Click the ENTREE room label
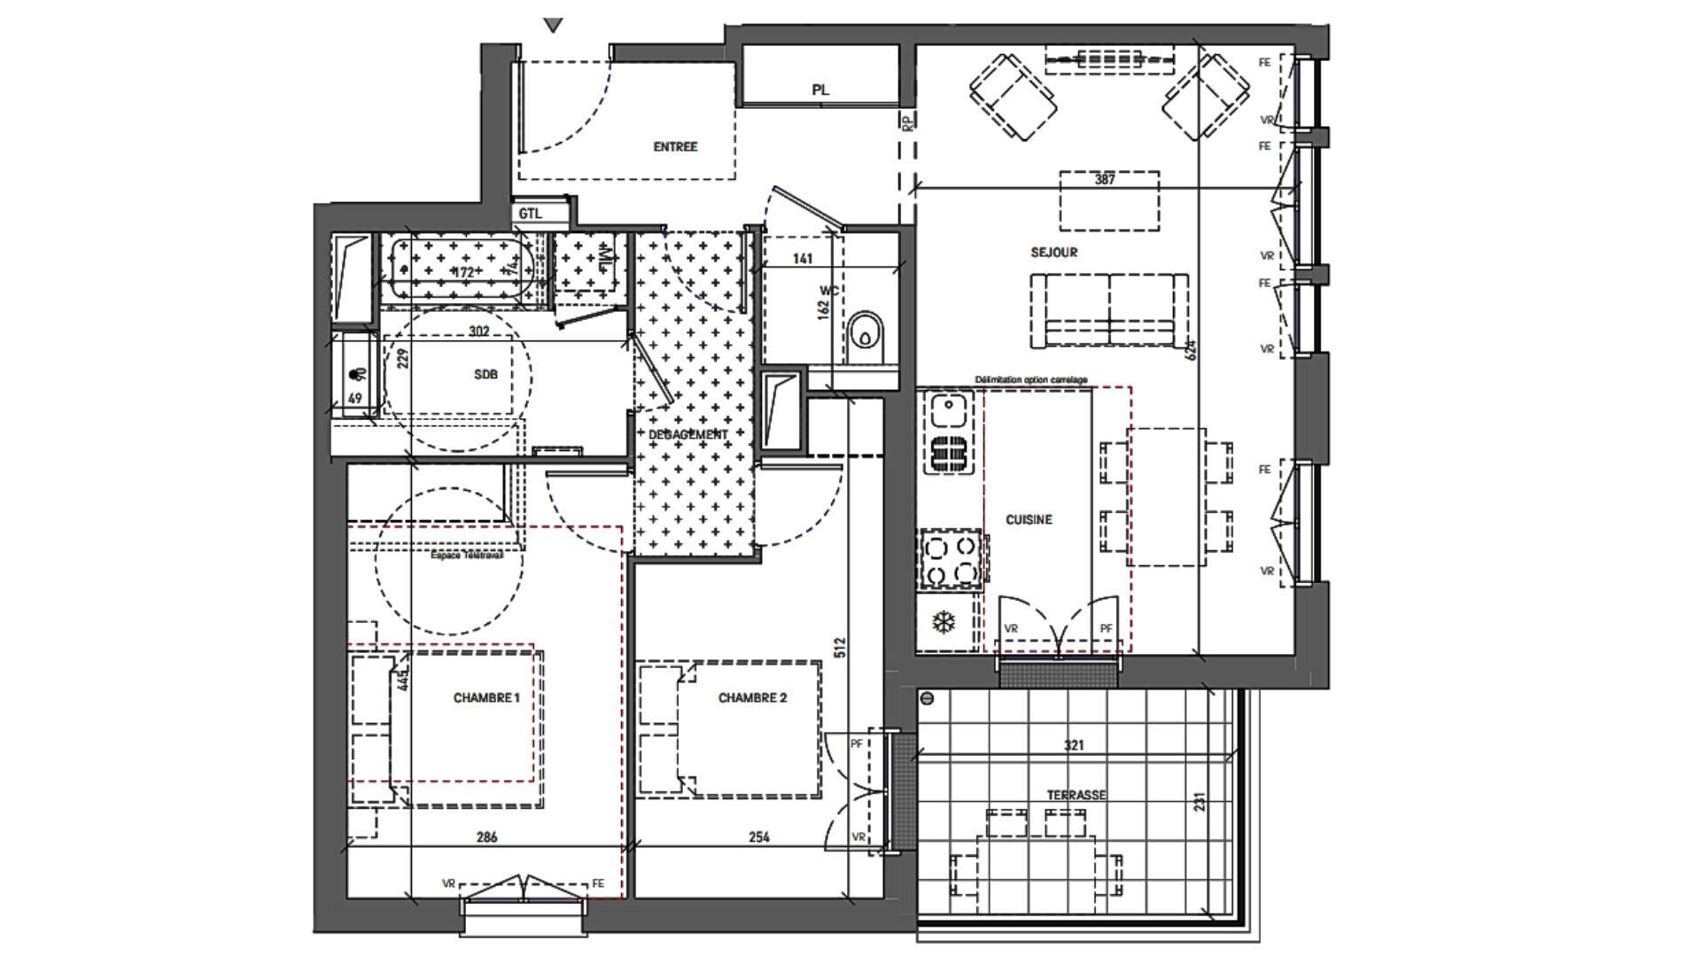pyautogui.click(x=675, y=147)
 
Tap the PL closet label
pyautogui.click(x=820, y=90)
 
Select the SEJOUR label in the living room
pyautogui.click(x=1053, y=253)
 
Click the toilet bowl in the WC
pyautogui.click(x=866, y=336)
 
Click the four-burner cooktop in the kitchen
pyautogui.click(x=951, y=560)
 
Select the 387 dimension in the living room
pyautogui.click(x=1104, y=179)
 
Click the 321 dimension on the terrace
pyautogui.click(x=1074, y=745)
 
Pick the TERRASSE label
pyautogui.click(x=1076, y=795)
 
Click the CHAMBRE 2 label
pyautogui.click(x=752, y=698)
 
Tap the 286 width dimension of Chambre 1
pyautogui.click(x=486, y=836)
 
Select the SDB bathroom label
pyautogui.click(x=485, y=375)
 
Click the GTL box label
pyautogui.click(x=530, y=214)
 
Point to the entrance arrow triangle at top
pyautogui.click(x=554, y=26)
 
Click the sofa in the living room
pyautogui.click(x=1108, y=310)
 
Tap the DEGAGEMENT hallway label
pyautogui.click(x=688, y=435)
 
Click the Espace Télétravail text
pyautogui.click(x=466, y=556)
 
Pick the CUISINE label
pyautogui.click(x=1029, y=520)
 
